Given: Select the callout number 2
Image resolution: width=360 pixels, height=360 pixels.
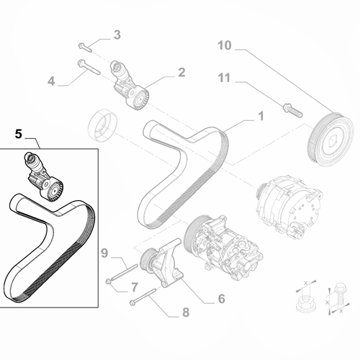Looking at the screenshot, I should (x=181, y=72).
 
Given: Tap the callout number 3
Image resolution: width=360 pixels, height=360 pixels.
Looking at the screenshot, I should (x=117, y=35).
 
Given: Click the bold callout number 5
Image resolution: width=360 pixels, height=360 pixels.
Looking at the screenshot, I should (x=19, y=133).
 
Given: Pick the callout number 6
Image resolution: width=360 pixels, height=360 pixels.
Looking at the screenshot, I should (x=222, y=298).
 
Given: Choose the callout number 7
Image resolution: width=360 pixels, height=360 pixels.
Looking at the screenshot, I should (x=134, y=287).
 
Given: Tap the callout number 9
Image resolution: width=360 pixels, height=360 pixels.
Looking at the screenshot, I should (x=104, y=253).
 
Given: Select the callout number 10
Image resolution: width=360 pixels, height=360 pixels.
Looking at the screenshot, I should (x=225, y=45).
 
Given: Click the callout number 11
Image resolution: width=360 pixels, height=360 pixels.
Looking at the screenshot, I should (x=225, y=77).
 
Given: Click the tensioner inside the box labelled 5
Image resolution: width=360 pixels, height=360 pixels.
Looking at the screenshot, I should (x=41, y=177).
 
